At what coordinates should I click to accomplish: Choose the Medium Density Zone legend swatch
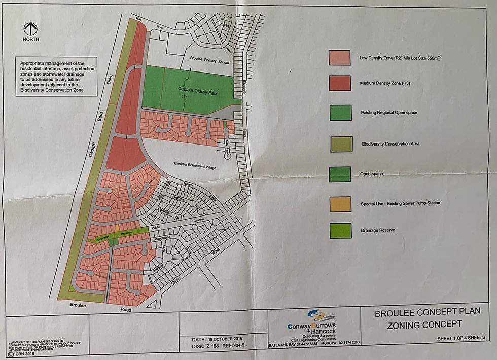(339, 83)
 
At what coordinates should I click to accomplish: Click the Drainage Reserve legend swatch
(339, 230)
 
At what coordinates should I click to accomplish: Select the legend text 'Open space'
(372, 173)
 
